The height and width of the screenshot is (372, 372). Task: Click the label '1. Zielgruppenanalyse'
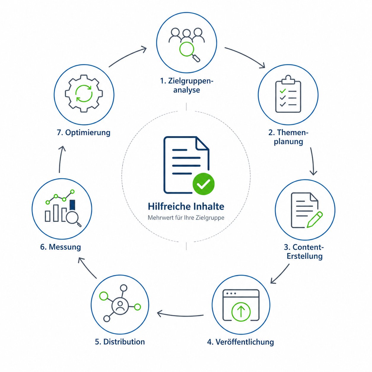[187, 85]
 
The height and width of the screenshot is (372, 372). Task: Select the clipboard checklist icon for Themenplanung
[288, 95]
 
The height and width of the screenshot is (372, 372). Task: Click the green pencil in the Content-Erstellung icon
[314, 220]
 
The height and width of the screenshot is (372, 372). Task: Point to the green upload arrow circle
[241, 311]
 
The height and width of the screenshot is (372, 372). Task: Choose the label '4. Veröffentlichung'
[240, 342]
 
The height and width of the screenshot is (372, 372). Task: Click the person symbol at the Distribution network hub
[120, 306]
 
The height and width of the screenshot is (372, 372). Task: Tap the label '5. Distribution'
[120, 342]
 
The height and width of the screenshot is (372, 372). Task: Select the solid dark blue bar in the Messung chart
[72, 205]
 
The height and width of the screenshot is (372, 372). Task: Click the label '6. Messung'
[61, 247]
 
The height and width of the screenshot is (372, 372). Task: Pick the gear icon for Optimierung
[84, 93]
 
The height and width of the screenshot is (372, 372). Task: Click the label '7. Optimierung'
[83, 132]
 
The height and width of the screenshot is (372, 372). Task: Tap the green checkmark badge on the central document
[204, 184]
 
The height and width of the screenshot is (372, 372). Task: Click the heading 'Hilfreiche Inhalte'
[186, 206]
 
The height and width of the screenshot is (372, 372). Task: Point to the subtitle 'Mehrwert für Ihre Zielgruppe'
[186, 218]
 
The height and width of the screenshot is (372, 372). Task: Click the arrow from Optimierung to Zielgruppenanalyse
[128, 56]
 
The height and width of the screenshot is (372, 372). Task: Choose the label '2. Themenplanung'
[288, 137]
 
